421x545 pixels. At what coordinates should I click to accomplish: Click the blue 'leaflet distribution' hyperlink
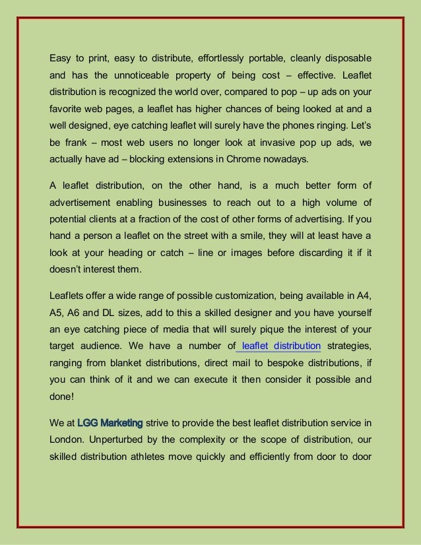[x=282, y=345]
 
